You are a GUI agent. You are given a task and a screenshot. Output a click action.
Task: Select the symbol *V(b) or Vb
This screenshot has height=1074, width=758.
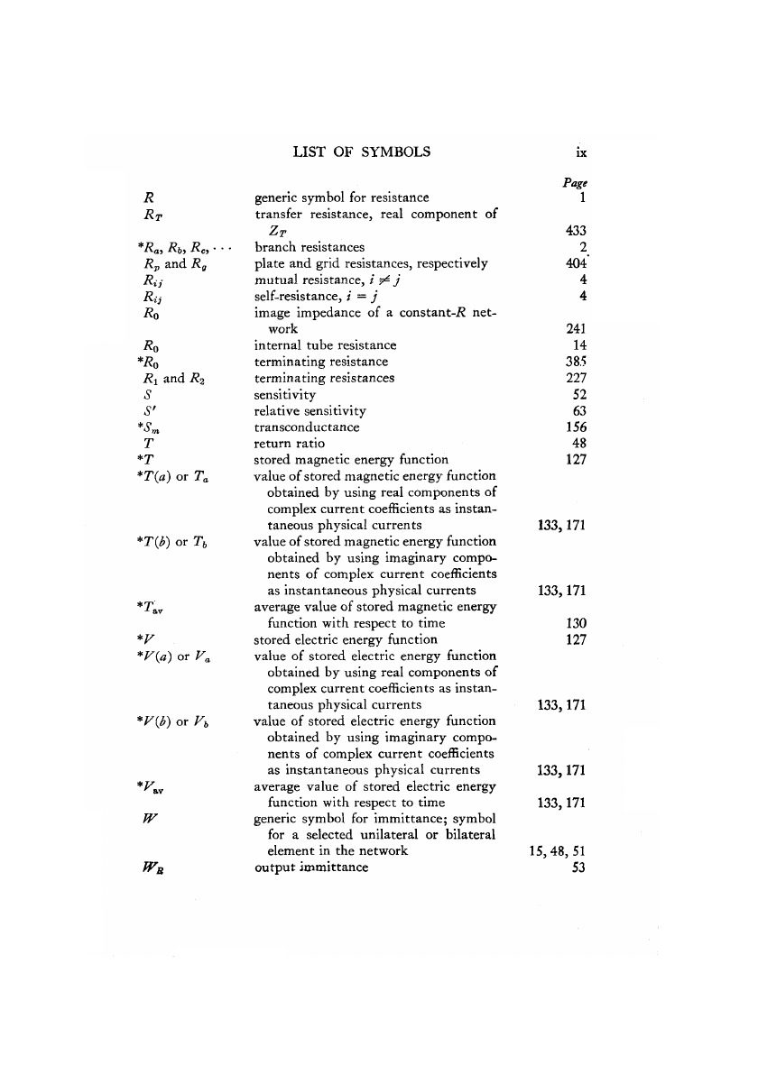point(164,721)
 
